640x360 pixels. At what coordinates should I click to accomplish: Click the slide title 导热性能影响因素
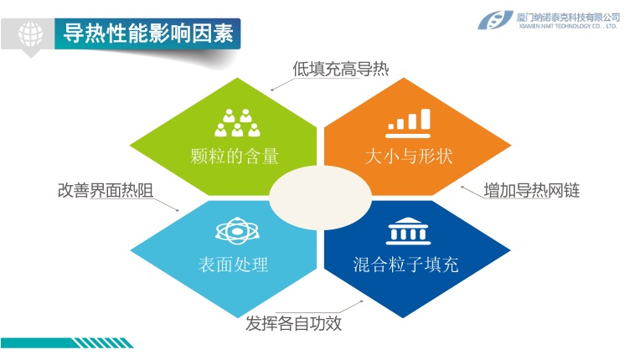coord(148,33)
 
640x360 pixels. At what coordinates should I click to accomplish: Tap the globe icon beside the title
coord(31,33)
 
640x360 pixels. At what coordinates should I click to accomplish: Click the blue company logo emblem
coord(495,20)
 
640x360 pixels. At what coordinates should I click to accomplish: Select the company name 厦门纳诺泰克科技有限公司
coord(568,17)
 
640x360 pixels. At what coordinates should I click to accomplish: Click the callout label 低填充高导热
coord(340,69)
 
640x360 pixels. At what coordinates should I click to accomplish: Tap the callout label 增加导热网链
coord(531,190)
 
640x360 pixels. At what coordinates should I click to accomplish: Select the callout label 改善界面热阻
coord(106,190)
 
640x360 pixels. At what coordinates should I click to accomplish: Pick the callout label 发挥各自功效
coord(293,323)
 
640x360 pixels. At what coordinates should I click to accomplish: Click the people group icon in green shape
coord(237,123)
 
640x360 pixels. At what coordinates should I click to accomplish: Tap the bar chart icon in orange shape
coord(408,124)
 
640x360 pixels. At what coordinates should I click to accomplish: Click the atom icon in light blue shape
coord(237,231)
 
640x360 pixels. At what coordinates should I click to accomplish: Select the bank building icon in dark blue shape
coord(408,231)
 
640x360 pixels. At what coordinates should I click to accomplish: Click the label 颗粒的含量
coord(235,157)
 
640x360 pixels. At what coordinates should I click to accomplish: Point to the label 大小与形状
coord(409,157)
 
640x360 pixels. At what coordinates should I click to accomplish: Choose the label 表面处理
coord(233,265)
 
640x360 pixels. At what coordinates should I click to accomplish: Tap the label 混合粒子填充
coord(405,265)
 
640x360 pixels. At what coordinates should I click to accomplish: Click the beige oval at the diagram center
coord(320,198)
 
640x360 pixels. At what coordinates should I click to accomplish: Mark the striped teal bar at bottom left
coord(67,343)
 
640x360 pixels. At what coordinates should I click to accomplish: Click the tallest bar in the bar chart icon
coord(426,119)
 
